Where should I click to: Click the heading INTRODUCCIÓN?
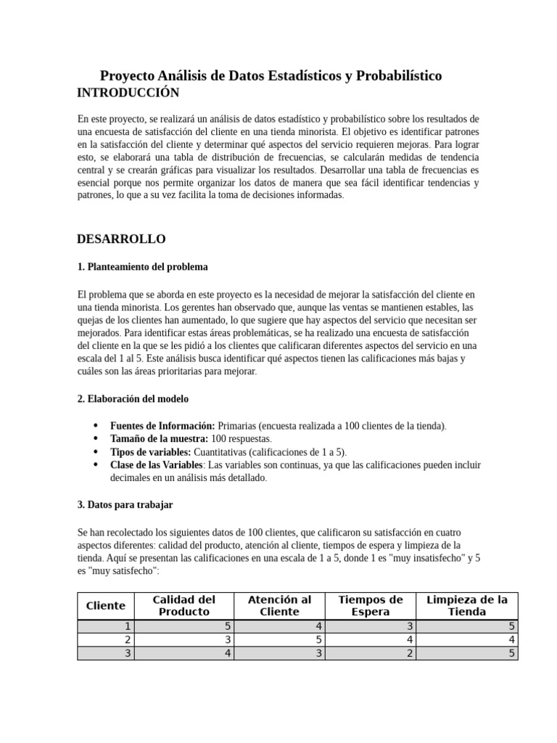128,93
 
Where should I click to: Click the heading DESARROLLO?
121,239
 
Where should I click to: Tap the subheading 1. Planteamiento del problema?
142,267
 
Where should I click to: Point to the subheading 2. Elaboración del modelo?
133,399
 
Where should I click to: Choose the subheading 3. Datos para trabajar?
125,504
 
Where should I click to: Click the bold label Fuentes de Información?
162,426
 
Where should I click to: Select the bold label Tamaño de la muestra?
159,439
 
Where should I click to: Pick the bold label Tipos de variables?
151,452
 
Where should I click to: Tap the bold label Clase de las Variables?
156,465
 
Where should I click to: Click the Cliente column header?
106,606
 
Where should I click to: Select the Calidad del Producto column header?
184,606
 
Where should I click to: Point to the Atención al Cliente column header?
279,606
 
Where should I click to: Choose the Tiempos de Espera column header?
371,606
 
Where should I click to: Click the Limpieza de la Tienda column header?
467,606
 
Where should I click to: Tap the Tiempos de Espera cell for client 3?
371,653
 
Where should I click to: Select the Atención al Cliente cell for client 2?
279,640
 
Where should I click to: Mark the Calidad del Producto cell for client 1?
184,627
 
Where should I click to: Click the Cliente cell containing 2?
106,640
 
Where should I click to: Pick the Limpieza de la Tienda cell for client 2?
467,640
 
